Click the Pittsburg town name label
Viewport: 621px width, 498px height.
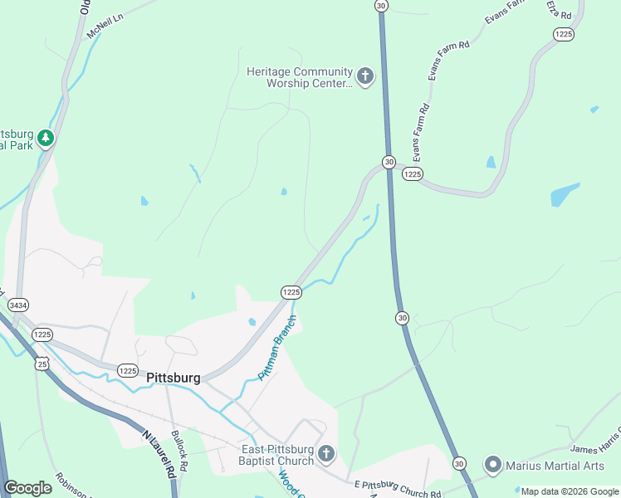tap(173, 378)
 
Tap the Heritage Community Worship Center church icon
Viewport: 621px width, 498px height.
tap(365, 77)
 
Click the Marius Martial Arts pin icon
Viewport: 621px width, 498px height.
tap(493, 465)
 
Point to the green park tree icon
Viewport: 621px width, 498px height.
tap(46, 138)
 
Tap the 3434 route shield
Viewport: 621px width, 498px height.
tap(17, 305)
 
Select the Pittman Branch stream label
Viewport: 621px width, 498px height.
tap(276, 348)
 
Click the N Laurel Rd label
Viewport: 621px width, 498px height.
tap(161, 452)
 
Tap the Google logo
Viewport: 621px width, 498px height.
tap(28, 488)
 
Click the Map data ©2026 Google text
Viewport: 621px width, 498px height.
tap(570, 491)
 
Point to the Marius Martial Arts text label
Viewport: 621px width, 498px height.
tap(555, 465)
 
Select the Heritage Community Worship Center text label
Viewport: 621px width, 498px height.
tap(299, 77)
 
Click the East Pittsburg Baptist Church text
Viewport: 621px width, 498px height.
tap(276, 454)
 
